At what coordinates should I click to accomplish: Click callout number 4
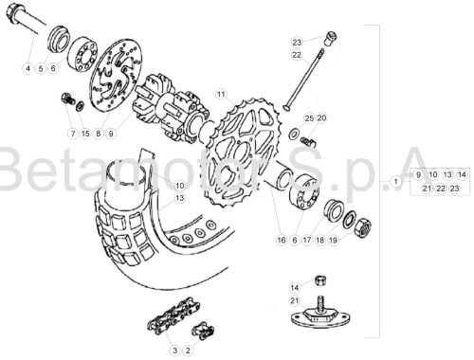(28, 68)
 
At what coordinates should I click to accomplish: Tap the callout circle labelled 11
(221, 94)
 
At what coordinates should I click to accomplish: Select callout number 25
(309, 118)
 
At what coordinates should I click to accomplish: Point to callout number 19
(333, 241)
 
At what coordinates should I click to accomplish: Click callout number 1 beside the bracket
(395, 182)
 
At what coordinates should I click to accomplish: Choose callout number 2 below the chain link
(188, 351)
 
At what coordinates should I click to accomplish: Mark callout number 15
(85, 134)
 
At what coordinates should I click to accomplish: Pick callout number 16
(282, 241)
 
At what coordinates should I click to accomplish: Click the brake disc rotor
(116, 75)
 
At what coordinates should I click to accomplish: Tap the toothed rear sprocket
(241, 153)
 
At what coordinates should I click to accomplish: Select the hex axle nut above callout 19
(362, 227)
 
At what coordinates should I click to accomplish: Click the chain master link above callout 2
(203, 331)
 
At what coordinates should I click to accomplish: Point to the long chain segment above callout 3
(173, 315)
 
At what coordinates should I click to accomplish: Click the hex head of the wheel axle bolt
(13, 12)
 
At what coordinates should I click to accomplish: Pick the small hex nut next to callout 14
(320, 279)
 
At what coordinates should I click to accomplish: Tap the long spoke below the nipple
(303, 79)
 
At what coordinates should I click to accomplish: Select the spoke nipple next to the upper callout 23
(331, 38)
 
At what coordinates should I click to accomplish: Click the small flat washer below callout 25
(294, 134)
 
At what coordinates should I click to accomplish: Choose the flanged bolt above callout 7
(68, 99)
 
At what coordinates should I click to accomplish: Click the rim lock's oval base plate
(320, 319)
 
